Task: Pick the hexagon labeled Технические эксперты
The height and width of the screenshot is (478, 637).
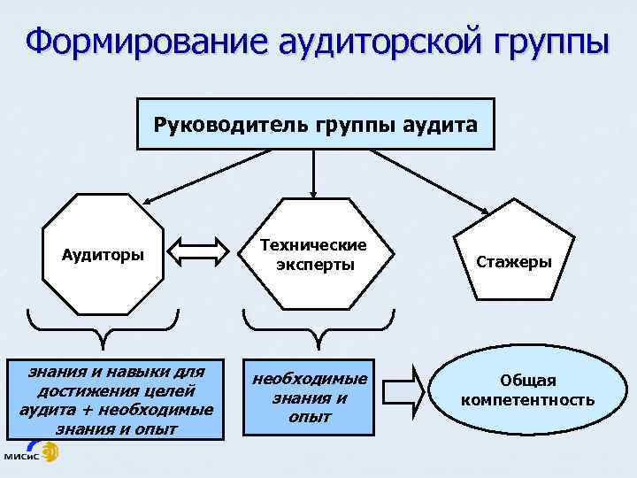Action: click(x=313, y=254)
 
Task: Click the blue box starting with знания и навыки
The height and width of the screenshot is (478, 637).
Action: click(x=116, y=397)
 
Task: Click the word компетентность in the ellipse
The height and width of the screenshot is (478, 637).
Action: click(x=527, y=400)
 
